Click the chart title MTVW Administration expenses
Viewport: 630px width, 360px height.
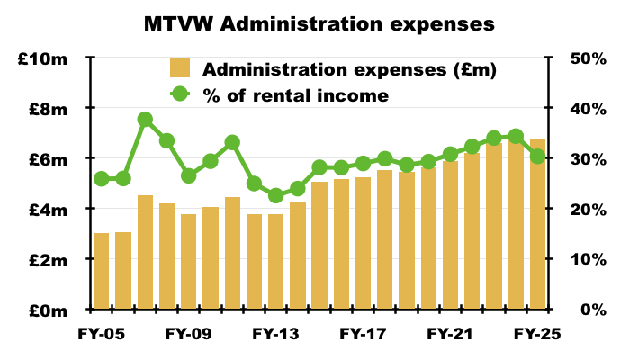(319, 24)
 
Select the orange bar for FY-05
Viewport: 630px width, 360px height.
(102, 271)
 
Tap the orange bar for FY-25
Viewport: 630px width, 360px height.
(537, 224)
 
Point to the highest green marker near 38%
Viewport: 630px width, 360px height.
(145, 120)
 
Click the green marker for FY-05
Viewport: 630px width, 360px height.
(102, 179)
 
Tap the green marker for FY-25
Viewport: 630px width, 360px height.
(537, 157)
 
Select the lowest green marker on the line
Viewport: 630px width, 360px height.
(275, 195)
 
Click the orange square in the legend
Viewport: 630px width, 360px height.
(180, 68)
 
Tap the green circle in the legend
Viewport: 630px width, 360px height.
(180, 94)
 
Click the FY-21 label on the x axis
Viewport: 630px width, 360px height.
(450, 334)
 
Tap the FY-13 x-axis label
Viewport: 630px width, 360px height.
(275, 334)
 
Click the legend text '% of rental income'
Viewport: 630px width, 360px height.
(296, 94)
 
